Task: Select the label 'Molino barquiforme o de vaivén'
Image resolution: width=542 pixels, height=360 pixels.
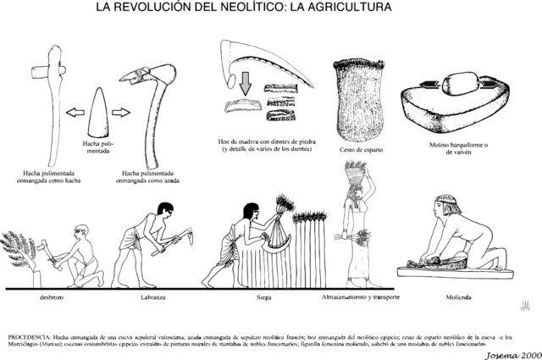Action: click(x=460, y=149)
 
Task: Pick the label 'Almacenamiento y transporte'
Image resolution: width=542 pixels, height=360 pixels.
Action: click(x=360, y=298)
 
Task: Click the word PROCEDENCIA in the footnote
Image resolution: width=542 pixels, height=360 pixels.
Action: click(x=31, y=325)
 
